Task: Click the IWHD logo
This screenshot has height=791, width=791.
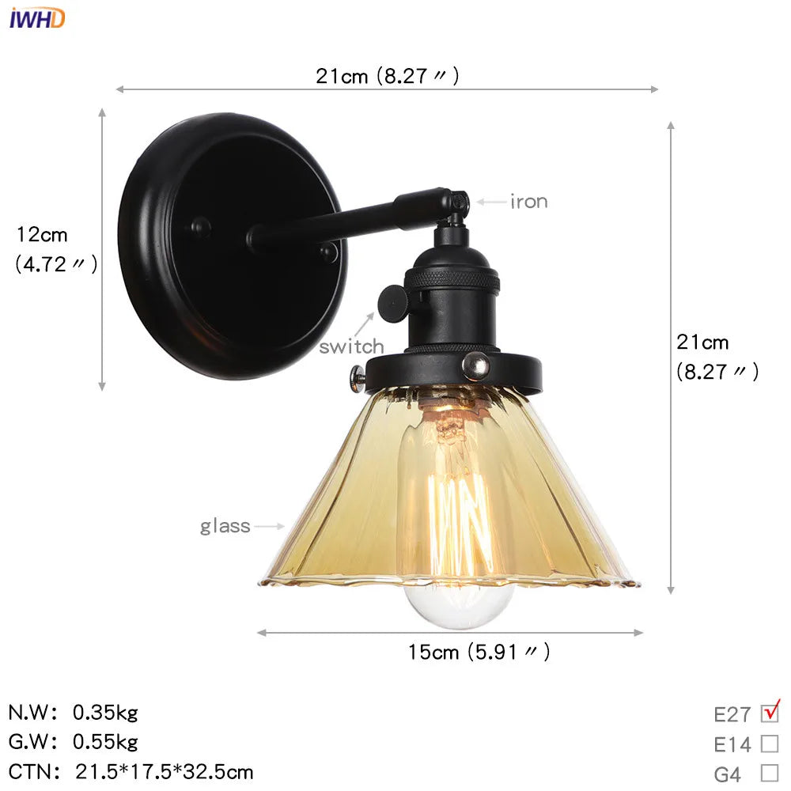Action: (x=37, y=17)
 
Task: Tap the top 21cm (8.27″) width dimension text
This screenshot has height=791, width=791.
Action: (x=388, y=76)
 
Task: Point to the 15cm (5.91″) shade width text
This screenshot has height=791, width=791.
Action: (x=479, y=652)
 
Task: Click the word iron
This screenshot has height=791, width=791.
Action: (x=528, y=202)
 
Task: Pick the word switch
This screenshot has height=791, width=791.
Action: (x=351, y=346)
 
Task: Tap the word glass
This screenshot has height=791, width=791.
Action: (x=225, y=526)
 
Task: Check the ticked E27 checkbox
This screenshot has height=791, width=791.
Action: (x=769, y=713)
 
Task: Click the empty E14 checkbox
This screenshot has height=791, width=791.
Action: (x=769, y=744)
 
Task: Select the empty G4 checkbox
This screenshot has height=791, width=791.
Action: (x=769, y=773)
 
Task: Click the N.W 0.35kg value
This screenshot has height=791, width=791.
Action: (x=105, y=713)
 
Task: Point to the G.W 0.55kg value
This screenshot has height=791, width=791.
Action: (x=105, y=742)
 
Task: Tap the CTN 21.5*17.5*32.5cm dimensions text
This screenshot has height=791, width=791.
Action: (x=165, y=771)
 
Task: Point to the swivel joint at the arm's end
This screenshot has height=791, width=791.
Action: (x=457, y=204)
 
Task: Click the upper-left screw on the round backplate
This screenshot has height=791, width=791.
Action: (x=199, y=228)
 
